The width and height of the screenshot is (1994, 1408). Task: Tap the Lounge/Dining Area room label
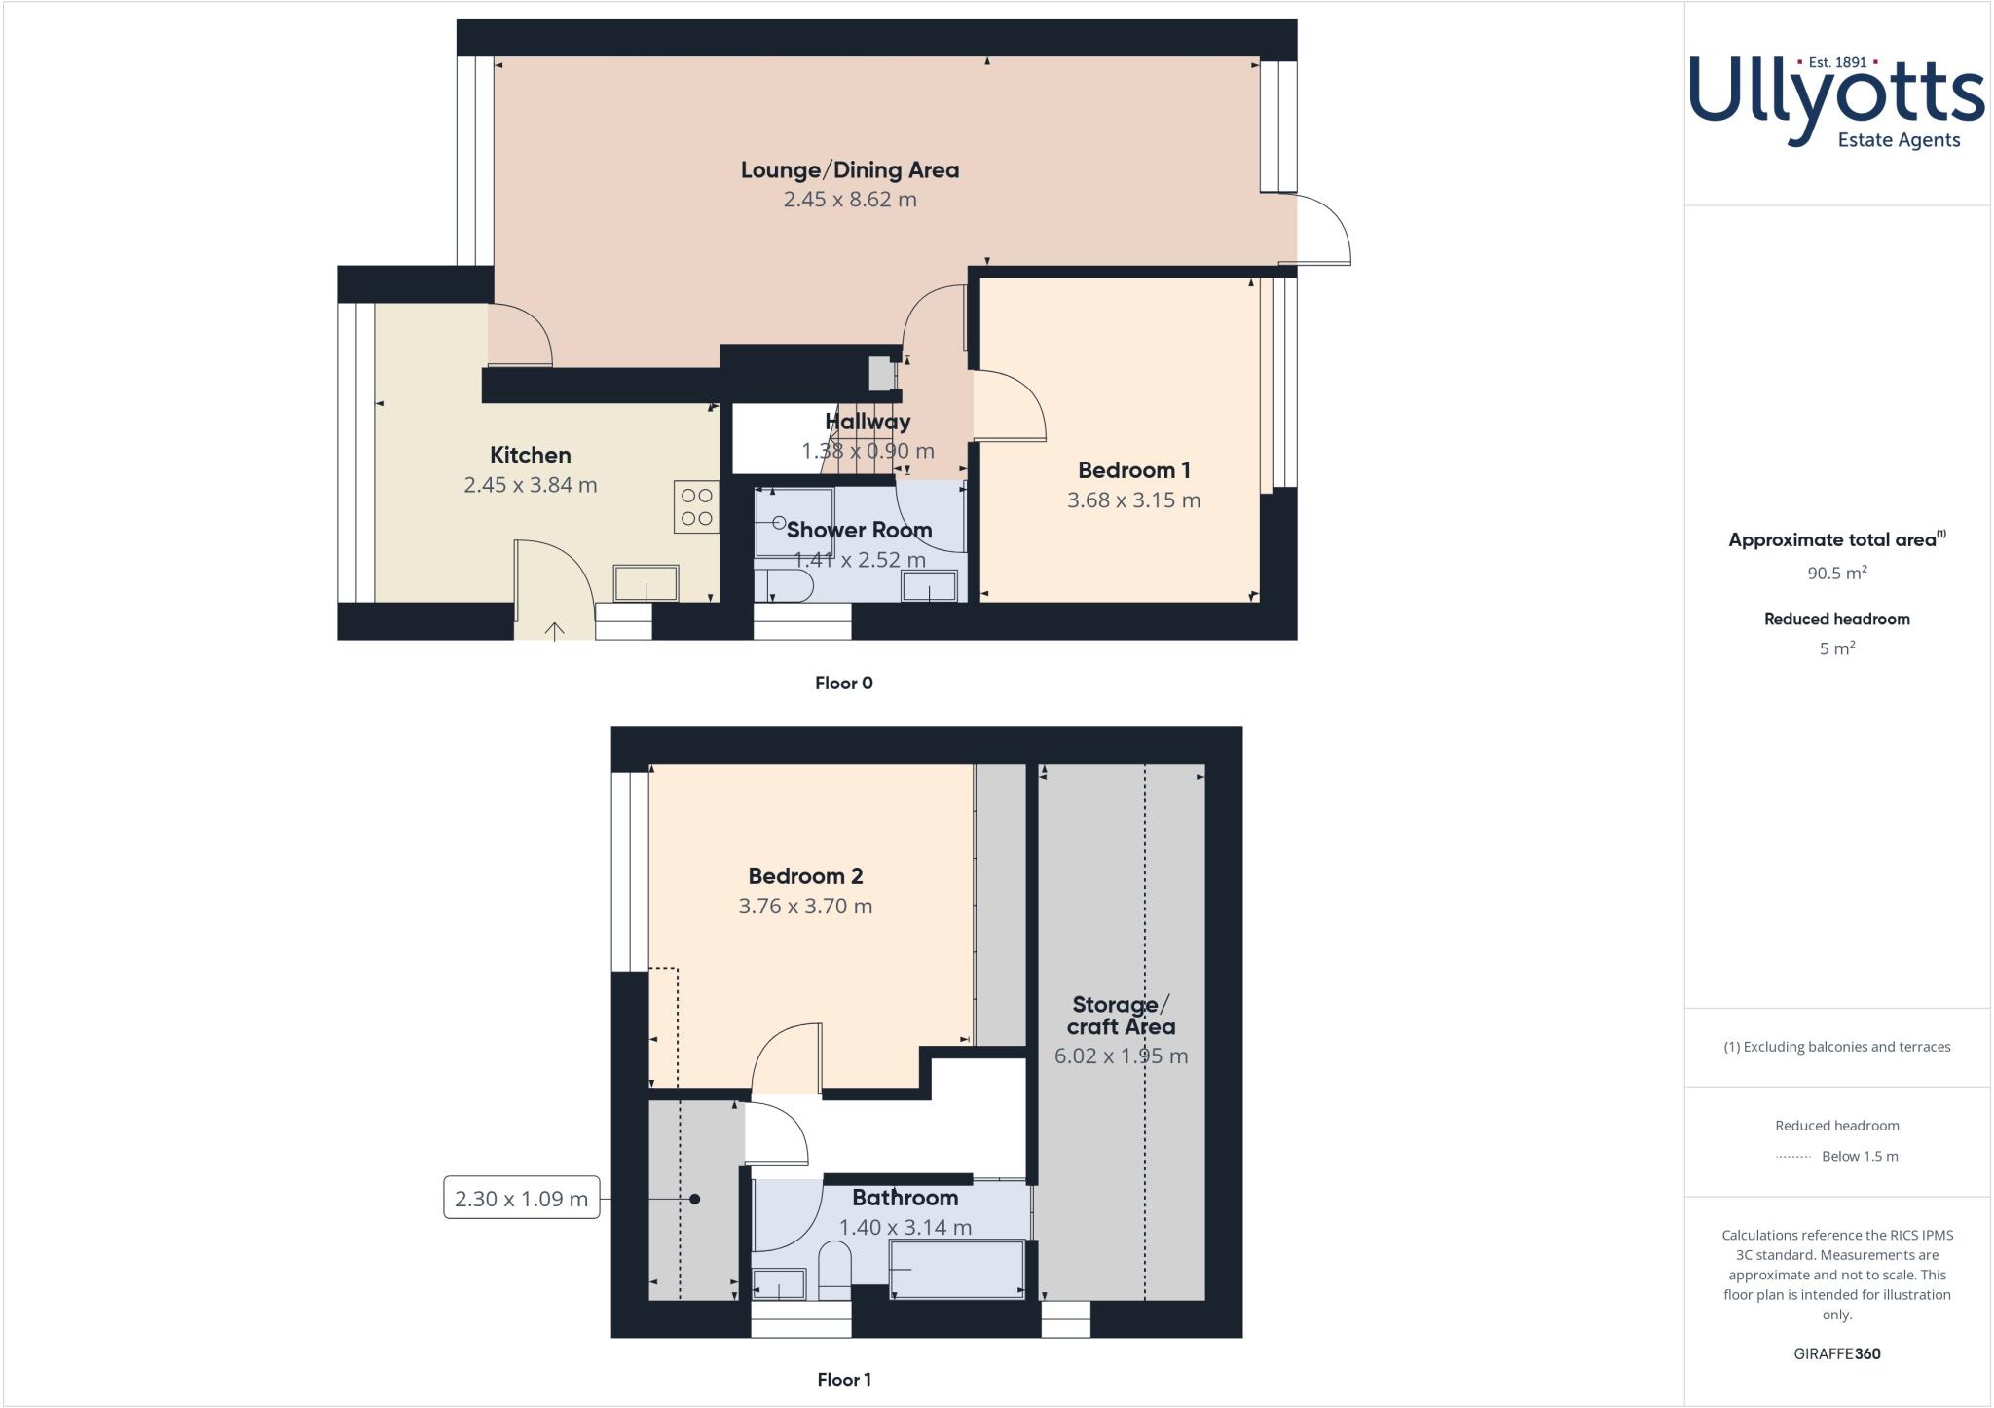coord(849,170)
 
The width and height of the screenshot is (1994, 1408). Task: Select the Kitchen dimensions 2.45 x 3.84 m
coord(530,485)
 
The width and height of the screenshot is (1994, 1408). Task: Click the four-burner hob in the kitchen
coord(696,507)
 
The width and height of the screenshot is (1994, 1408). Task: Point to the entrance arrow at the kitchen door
coord(554,631)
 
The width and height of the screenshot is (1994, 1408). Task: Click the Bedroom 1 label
coord(1133,470)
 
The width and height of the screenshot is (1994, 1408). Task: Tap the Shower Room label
coord(859,530)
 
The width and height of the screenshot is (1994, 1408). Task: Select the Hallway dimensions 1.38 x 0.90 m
coord(867,451)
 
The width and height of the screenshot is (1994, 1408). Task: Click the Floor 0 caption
coord(843,683)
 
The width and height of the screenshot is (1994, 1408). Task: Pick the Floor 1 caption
coord(843,1379)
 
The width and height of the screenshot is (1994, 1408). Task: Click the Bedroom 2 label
coord(805,876)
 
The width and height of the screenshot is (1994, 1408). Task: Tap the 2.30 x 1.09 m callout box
coord(521,1199)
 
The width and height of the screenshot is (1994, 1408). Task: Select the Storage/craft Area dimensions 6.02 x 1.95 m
coord(1121,1056)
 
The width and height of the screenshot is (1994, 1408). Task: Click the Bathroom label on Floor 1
coord(905,1198)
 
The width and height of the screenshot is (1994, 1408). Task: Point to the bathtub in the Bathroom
coord(957,1269)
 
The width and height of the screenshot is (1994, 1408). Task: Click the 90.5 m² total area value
coord(1836,573)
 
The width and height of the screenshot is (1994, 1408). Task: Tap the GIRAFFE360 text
coord(1836,1353)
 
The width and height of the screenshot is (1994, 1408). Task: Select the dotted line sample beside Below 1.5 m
coord(1792,1157)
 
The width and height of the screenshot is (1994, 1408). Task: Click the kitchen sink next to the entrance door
coord(646,583)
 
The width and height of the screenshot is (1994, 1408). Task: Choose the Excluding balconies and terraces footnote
coord(1836,1047)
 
